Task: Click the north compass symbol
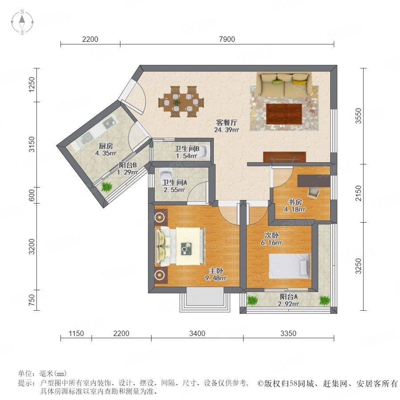coord(22,22)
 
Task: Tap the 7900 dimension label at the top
coord(227,39)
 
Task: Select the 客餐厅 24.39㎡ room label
coord(227,126)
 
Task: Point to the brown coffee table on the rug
coord(284,113)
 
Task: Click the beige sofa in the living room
coord(284,84)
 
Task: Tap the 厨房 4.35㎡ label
coord(106,149)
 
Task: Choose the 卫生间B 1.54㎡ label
coord(187,152)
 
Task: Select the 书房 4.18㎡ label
coord(295,206)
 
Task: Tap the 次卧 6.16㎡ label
coord(272,239)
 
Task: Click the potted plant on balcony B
coord(107,187)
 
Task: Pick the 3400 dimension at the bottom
coord(197,333)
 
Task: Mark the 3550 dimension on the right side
coord(358,116)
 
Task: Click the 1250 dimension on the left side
coord(32,85)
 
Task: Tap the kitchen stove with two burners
coord(109,123)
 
